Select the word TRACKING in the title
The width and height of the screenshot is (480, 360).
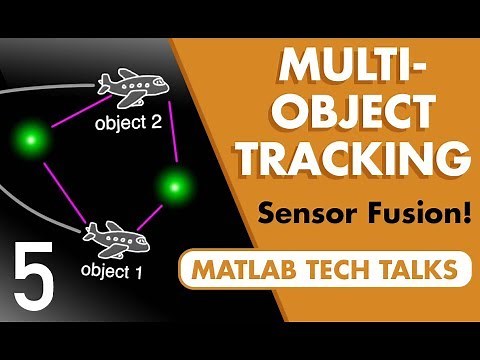coord(361,160)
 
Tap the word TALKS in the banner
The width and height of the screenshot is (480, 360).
coord(421,267)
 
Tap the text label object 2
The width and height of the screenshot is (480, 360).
coord(127,124)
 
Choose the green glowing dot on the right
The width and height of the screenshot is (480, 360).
coord(176,185)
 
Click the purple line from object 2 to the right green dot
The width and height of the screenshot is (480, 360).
coord(173,135)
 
